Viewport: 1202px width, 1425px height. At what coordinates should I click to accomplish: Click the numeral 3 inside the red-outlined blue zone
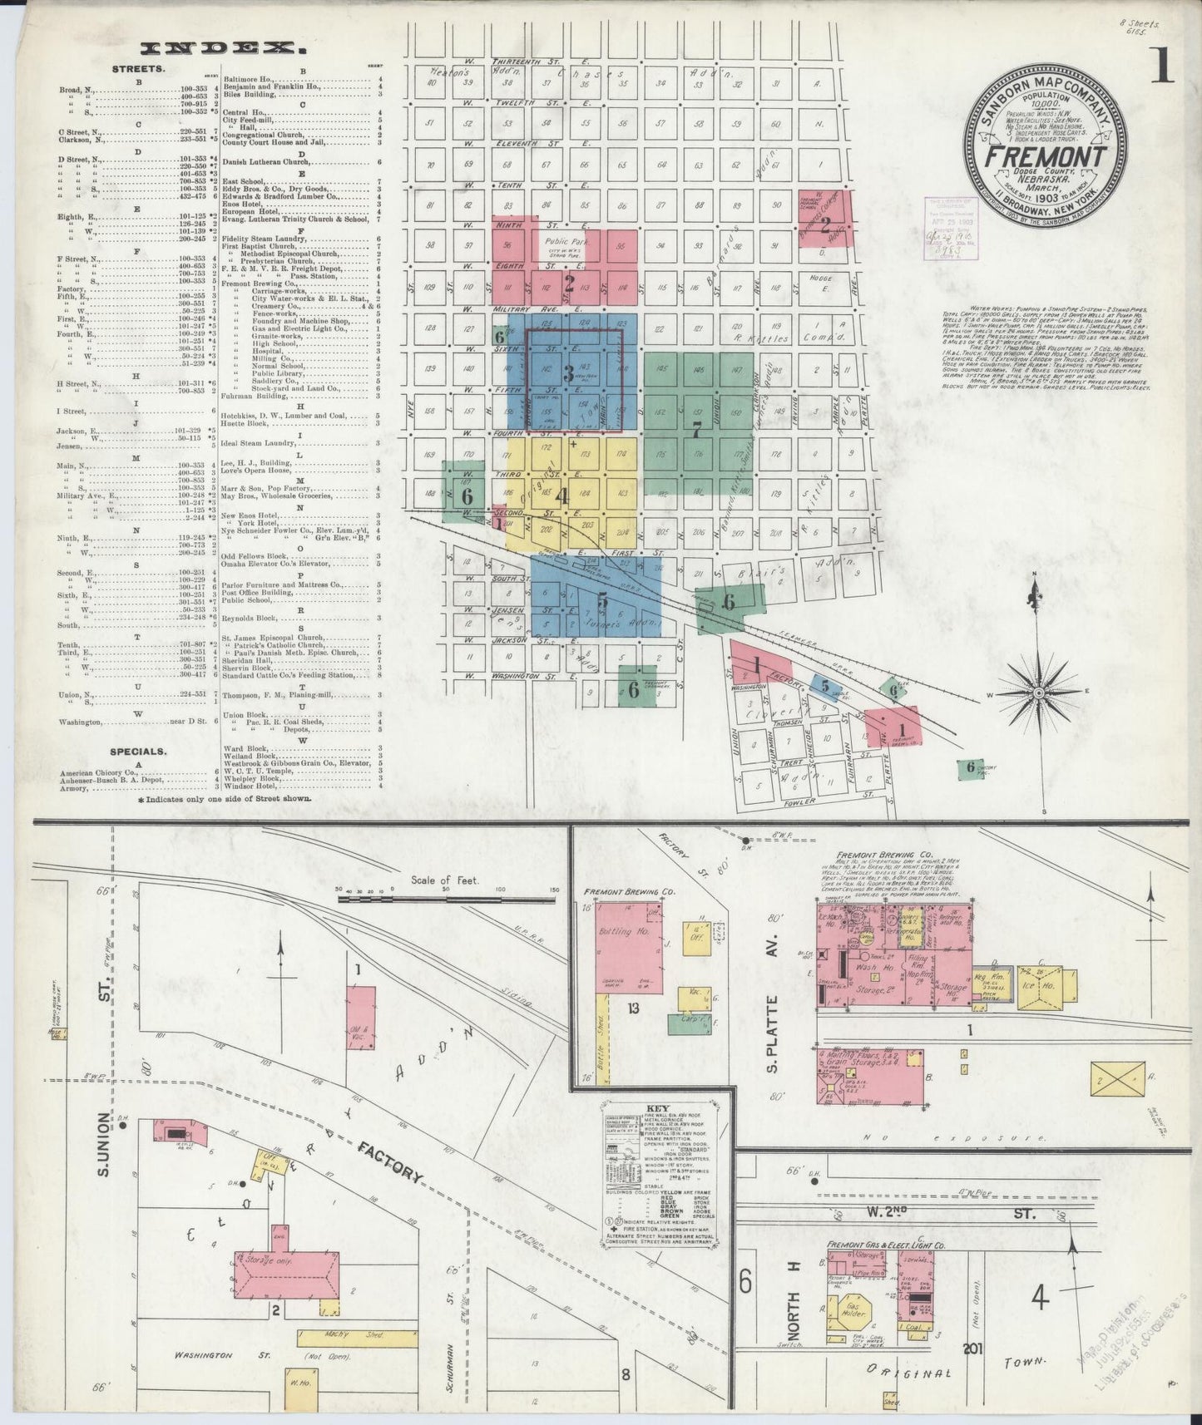(x=569, y=373)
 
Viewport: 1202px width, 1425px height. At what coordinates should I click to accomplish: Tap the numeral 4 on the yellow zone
(x=563, y=496)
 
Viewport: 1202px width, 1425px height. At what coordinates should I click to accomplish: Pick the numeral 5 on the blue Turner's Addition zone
(x=602, y=600)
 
